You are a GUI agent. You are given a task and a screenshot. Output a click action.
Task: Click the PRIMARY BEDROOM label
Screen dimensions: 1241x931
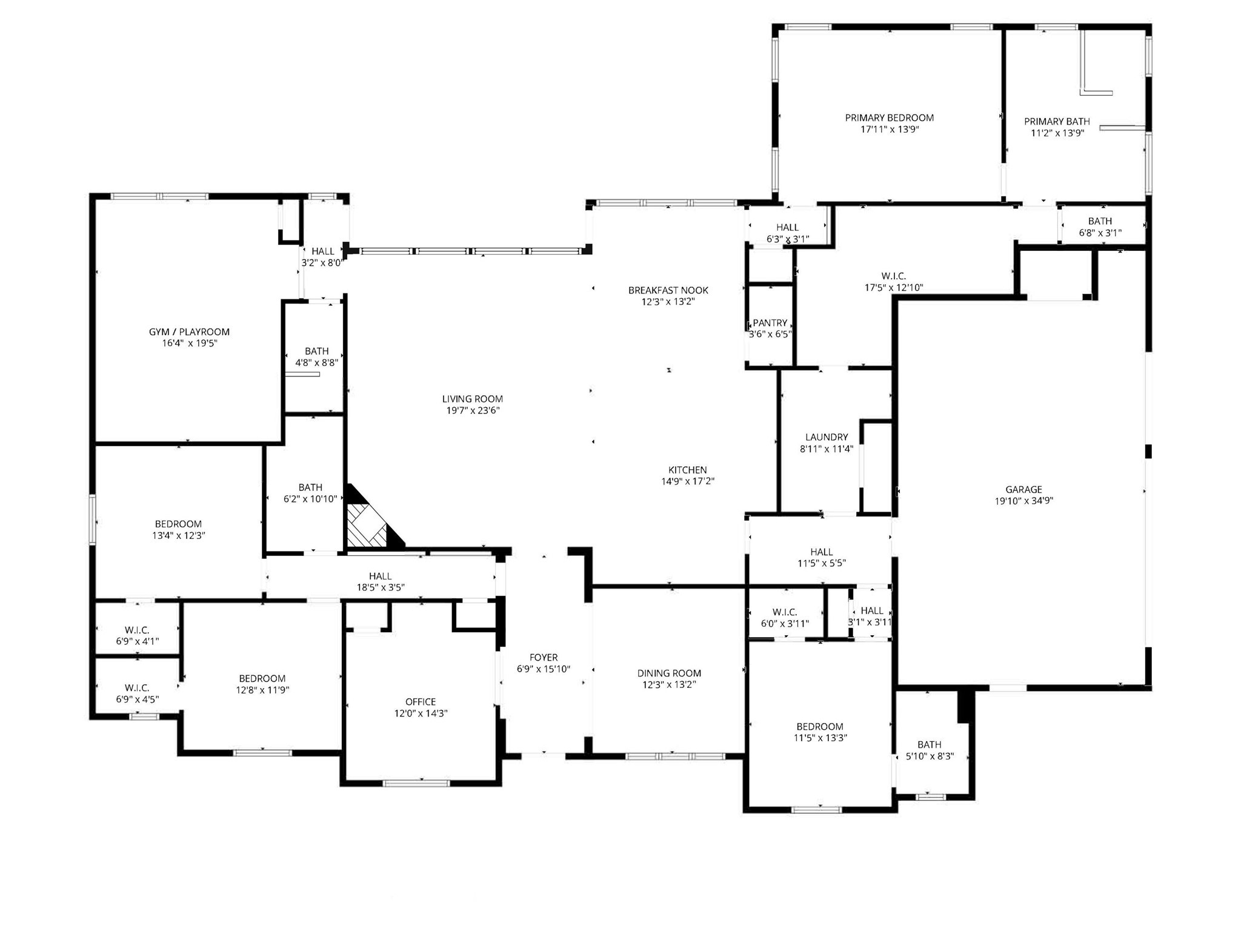pyautogui.click(x=890, y=118)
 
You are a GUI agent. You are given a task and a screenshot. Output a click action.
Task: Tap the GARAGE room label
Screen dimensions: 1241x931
pyautogui.click(x=1024, y=490)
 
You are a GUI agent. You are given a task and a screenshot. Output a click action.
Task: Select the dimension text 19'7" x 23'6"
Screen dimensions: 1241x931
pyautogui.click(x=473, y=410)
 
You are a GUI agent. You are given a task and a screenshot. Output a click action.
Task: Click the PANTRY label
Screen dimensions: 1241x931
pyautogui.click(x=770, y=323)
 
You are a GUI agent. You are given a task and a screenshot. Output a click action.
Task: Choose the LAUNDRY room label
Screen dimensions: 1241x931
pyautogui.click(x=827, y=437)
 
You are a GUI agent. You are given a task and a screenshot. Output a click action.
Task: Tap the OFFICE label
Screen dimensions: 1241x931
pyautogui.click(x=421, y=702)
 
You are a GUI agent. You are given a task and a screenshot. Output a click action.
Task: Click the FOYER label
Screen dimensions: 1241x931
pyautogui.click(x=544, y=657)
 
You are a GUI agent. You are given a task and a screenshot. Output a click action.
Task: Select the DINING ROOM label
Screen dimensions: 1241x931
pyautogui.click(x=669, y=673)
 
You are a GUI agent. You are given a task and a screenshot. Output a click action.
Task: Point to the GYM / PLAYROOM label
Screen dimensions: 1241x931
pyautogui.click(x=189, y=332)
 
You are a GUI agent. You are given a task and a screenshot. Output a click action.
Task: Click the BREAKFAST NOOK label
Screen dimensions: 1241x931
pyautogui.click(x=668, y=290)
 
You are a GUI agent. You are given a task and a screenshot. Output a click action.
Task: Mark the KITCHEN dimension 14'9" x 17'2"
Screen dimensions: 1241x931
pyautogui.click(x=688, y=481)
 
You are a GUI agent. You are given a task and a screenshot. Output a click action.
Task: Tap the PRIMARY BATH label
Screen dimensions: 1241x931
pyautogui.click(x=1057, y=121)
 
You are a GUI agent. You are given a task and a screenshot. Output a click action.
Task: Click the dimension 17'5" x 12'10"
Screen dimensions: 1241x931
pyautogui.click(x=894, y=287)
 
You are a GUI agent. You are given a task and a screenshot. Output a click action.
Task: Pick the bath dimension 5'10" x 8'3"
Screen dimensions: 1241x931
pyautogui.click(x=930, y=756)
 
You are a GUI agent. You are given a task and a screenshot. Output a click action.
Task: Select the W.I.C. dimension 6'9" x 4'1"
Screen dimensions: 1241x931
pyautogui.click(x=137, y=641)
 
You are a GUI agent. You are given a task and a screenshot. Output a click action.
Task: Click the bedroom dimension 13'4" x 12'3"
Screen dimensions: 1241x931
pyautogui.click(x=179, y=535)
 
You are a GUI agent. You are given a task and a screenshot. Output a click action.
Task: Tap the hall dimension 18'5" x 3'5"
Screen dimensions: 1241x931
pyautogui.click(x=381, y=587)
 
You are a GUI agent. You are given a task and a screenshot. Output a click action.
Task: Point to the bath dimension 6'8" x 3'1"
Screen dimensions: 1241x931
pyautogui.click(x=1100, y=232)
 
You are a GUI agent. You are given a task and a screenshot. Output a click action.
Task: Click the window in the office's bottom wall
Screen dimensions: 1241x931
pyautogui.click(x=417, y=784)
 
